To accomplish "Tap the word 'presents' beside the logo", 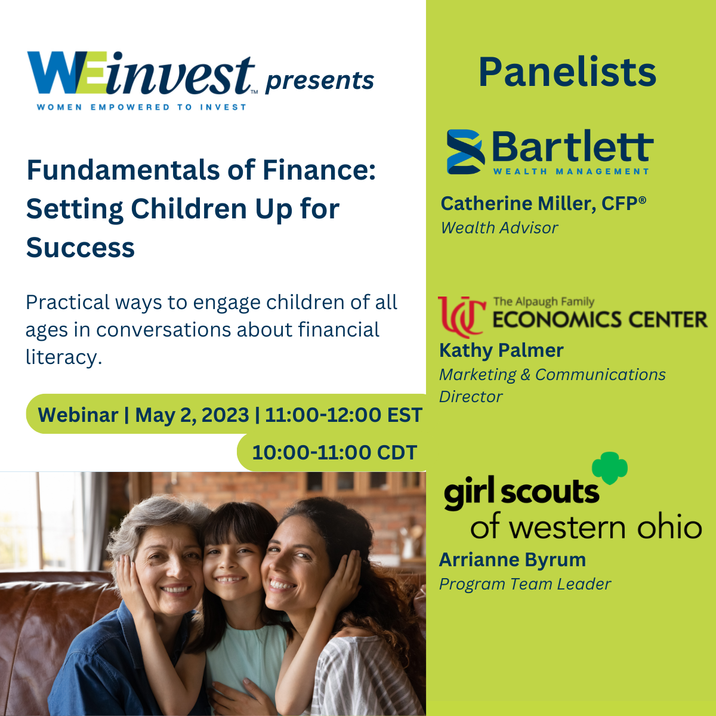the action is pyautogui.click(x=320, y=81).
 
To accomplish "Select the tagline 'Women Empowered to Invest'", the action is pyautogui.click(x=141, y=107).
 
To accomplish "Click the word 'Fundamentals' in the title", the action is pyautogui.click(x=124, y=171).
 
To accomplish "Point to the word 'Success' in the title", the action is pyautogui.click(x=81, y=248).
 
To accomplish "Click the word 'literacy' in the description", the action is pyautogui.click(x=63, y=357).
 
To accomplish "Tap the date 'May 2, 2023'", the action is pyautogui.click(x=192, y=415).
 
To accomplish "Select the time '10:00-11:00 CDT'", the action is pyautogui.click(x=334, y=452).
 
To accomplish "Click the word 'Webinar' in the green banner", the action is pyautogui.click(x=78, y=415).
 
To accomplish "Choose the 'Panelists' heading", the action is pyautogui.click(x=567, y=72).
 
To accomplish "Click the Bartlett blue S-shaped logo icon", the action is pyautogui.click(x=465, y=152).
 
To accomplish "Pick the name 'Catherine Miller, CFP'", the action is pyautogui.click(x=543, y=203).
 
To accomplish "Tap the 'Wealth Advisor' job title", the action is pyautogui.click(x=499, y=228).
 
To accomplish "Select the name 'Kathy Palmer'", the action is pyautogui.click(x=501, y=350).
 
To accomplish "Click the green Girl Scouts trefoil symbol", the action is pyautogui.click(x=610, y=468).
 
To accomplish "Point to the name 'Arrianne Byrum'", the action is pyautogui.click(x=513, y=560).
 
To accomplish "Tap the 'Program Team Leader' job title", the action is pyautogui.click(x=525, y=584).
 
